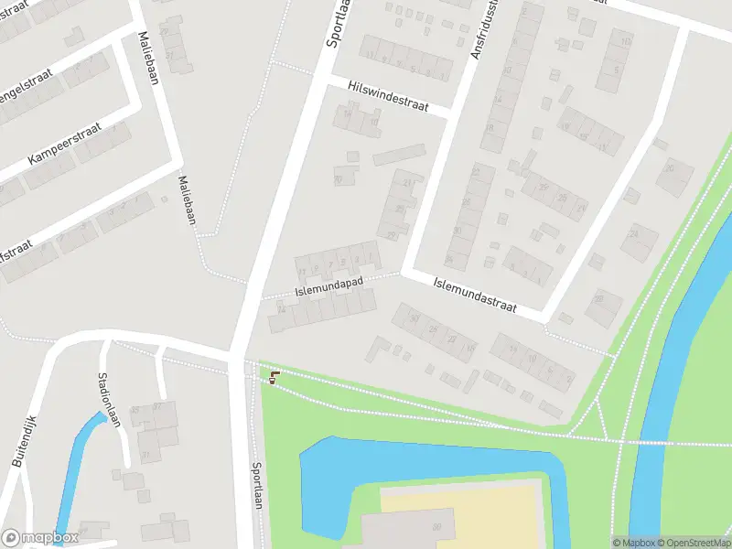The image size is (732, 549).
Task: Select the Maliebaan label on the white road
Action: [146, 58]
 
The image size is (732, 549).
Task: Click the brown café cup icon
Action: [274, 376]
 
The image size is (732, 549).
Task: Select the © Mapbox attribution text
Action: [634, 543]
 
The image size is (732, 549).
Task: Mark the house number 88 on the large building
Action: [436, 526]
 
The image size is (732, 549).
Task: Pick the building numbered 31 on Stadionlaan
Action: [145, 456]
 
